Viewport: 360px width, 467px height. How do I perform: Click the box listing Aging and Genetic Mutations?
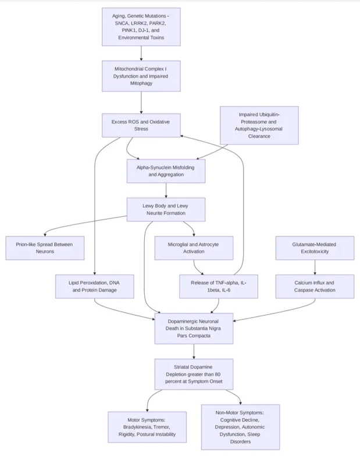pos(141,27)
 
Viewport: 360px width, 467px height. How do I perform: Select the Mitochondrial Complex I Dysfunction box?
pos(141,76)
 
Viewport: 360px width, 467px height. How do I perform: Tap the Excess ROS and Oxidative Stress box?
pos(141,126)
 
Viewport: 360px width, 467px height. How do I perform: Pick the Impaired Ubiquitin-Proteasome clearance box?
pos(259,126)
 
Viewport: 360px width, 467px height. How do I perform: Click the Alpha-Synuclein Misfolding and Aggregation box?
pos(166,171)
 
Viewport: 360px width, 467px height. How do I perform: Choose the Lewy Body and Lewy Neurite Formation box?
pos(166,209)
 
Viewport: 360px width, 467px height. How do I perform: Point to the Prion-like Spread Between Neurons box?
pos(45,248)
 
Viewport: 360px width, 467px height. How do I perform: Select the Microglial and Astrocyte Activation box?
pos(194,248)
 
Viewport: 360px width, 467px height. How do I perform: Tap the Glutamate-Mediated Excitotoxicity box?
pos(315,248)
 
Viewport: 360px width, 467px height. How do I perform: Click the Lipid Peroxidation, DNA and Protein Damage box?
pos(95,286)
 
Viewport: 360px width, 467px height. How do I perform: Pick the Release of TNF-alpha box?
pos(219,286)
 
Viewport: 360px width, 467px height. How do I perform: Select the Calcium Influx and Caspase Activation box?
pos(315,286)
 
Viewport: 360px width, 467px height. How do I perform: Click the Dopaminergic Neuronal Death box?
pos(194,329)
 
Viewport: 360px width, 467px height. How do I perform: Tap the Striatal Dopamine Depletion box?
pos(194,374)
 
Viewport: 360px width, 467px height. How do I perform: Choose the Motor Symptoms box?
pos(147,427)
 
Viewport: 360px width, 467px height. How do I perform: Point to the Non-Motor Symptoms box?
pos(240,427)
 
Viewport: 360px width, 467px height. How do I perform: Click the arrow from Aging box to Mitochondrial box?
pos(141,54)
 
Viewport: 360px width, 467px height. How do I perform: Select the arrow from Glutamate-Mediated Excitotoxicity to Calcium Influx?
pos(315,267)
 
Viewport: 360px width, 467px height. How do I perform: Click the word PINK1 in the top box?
pos(128,30)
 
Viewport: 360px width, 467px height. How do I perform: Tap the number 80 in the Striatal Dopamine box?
pos(218,375)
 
